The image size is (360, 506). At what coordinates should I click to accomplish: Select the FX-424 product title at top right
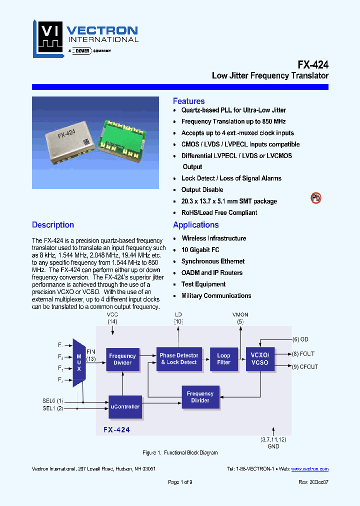click(x=313, y=64)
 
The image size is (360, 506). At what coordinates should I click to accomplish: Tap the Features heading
click(x=188, y=101)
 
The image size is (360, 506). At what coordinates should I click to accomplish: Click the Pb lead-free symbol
click(x=316, y=198)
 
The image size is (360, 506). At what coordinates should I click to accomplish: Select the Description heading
click(x=53, y=225)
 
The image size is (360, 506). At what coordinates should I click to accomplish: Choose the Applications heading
click(x=195, y=225)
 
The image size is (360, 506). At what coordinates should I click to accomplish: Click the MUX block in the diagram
click(x=78, y=362)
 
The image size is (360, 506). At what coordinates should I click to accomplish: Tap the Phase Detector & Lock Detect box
click(x=179, y=359)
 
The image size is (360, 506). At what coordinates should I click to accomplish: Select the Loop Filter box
click(x=223, y=359)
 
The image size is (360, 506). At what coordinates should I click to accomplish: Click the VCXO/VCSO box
click(x=260, y=359)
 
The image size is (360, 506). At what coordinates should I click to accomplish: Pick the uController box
click(x=125, y=406)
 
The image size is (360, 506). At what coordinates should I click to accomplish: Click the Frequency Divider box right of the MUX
click(x=122, y=359)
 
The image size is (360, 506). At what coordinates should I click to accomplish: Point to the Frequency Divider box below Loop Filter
click(x=200, y=397)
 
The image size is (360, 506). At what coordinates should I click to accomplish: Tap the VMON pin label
click(x=240, y=314)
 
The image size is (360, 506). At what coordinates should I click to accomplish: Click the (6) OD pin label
click(x=303, y=339)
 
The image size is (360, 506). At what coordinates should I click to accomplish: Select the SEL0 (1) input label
click(x=53, y=400)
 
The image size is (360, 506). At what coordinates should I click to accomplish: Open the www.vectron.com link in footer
click(x=309, y=469)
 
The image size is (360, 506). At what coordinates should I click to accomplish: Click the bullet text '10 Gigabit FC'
click(x=200, y=250)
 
